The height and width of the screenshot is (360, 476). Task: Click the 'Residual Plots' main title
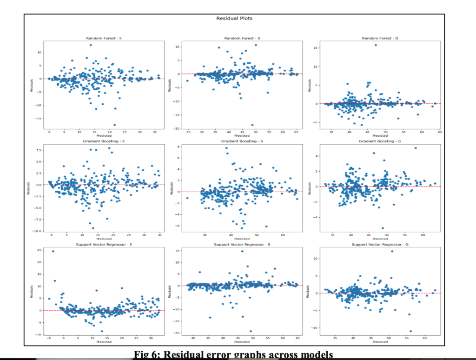pos(234,19)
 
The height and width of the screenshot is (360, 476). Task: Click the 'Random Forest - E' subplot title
pos(104,38)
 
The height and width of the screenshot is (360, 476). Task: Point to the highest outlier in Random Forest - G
pos(375,45)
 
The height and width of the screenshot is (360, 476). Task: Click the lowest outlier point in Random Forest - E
pos(114,125)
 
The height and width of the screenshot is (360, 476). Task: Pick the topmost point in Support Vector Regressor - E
pos(53,252)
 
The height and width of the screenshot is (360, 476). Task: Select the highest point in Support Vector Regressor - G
pos(392,252)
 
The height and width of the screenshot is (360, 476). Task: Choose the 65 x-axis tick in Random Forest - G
pos(439,132)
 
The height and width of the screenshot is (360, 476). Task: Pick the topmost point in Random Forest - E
pos(90,45)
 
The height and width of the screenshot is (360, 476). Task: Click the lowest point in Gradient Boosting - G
pos(383,228)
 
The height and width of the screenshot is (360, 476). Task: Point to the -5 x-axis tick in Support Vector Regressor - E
pos(49,339)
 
